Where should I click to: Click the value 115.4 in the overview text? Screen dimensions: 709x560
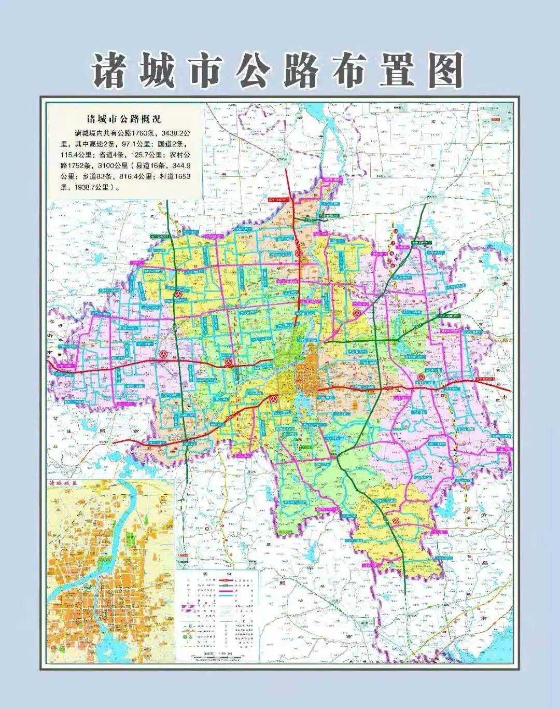[x=71, y=154]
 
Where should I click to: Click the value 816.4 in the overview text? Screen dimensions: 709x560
[x=122, y=177]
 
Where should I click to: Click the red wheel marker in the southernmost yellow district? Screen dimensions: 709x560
[x=395, y=521]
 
